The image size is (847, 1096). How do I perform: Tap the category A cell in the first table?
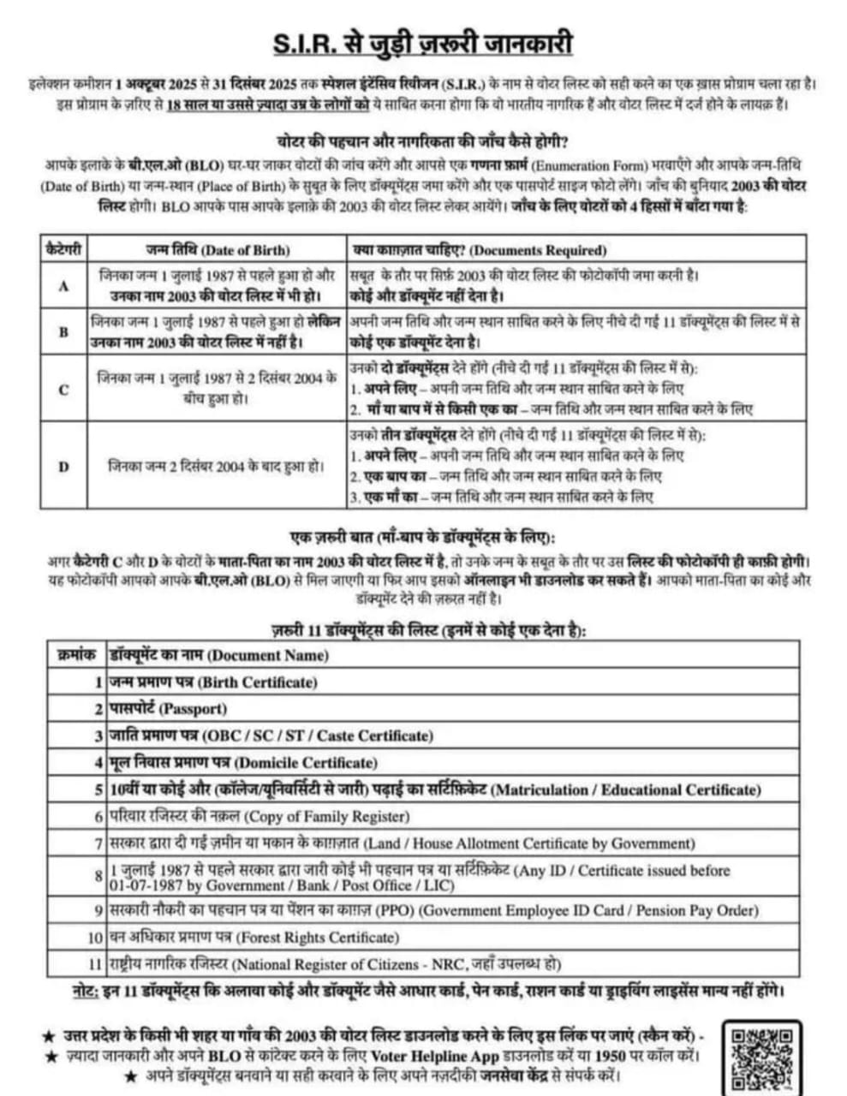pyautogui.click(x=63, y=287)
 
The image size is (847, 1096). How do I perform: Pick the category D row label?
pyautogui.click(x=63, y=467)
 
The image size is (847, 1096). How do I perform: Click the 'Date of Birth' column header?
pyautogui.click(x=247, y=250)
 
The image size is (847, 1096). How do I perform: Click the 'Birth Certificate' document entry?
pyautogui.click(x=257, y=682)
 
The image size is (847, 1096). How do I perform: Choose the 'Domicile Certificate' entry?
pyautogui.click(x=305, y=763)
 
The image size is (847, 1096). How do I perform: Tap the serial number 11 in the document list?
pyautogui.click(x=95, y=964)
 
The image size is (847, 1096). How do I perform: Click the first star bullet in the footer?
pyautogui.click(x=49, y=1037)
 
